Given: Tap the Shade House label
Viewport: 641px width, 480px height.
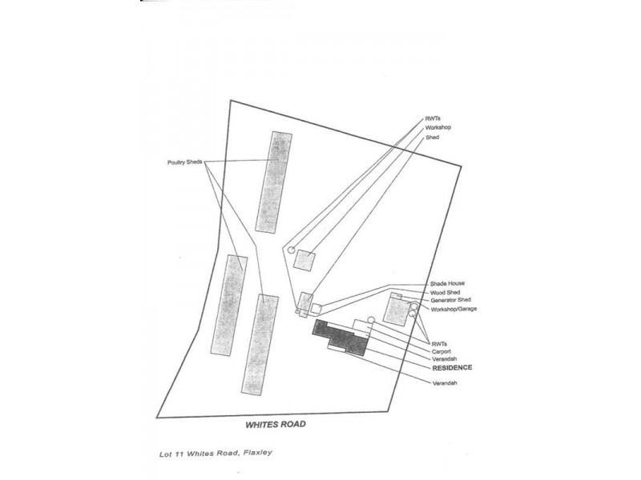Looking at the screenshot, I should [x=447, y=284].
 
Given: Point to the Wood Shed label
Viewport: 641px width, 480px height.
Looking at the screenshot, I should [x=445, y=293].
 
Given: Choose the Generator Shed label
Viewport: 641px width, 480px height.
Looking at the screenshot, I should [x=450, y=301].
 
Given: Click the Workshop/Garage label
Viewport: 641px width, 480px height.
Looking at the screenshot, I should [x=454, y=309].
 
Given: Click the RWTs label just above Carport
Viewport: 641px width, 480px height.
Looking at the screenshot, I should [x=439, y=342].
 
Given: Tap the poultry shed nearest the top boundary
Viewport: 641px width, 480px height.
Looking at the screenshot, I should [x=271, y=182].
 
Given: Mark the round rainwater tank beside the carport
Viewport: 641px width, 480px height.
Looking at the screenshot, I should [x=371, y=321].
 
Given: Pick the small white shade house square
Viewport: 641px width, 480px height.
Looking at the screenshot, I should [x=316, y=308].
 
